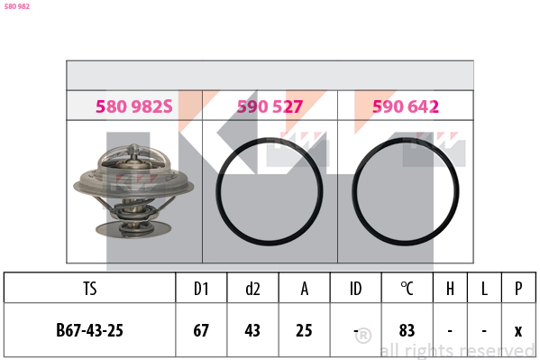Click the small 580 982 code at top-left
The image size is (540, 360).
[17, 6]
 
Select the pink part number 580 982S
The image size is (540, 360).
[134, 106]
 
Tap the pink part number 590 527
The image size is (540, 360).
[270, 106]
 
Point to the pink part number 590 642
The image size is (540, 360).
[406, 106]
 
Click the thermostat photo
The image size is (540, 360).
[133, 191]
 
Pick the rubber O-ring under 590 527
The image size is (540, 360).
[217, 191]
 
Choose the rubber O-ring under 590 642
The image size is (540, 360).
[354, 191]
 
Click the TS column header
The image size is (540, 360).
[89, 289]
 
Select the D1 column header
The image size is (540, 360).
[201, 289]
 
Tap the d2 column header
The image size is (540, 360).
[252, 289]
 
